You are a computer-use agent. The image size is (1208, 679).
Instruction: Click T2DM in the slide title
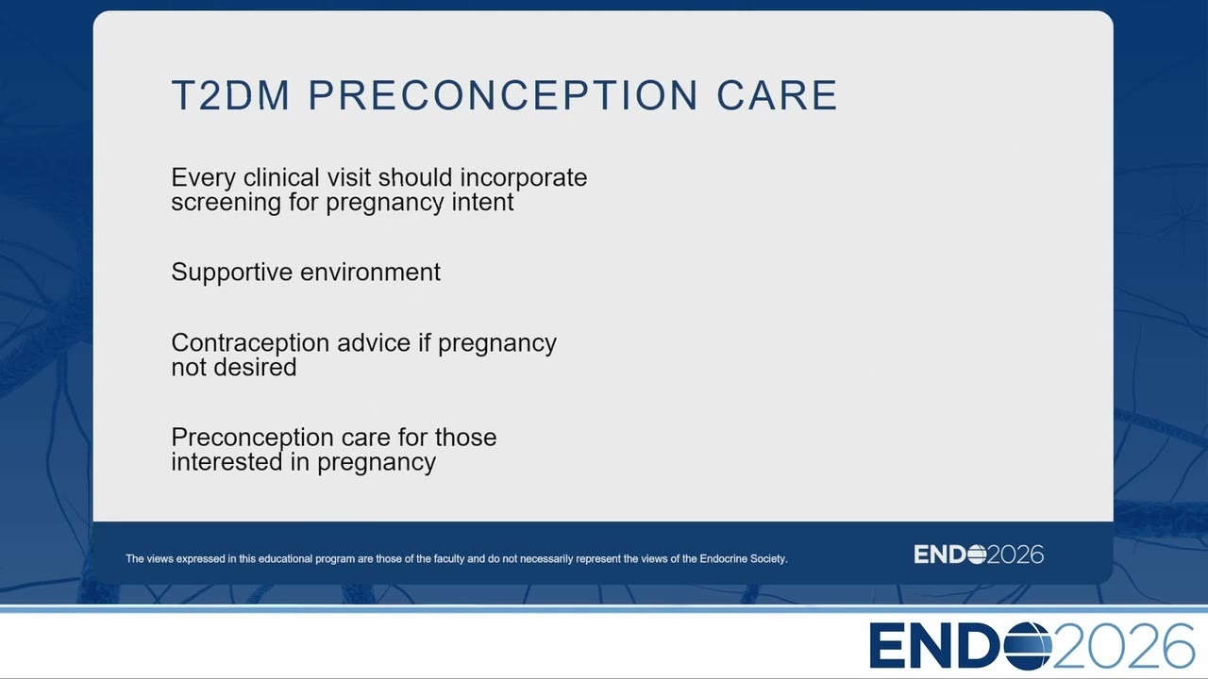[x=231, y=95]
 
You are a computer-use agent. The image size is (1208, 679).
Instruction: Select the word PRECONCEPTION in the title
[x=503, y=95]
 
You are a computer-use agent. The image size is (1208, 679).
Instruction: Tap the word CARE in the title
[x=777, y=95]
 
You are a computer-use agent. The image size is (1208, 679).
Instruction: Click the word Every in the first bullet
[x=203, y=179]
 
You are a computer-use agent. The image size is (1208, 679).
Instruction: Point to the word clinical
[x=281, y=177]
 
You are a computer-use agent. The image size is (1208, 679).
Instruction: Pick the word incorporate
[x=524, y=179]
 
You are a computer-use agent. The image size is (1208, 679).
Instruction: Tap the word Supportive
[x=232, y=273]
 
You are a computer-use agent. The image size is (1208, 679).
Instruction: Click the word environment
[x=371, y=273]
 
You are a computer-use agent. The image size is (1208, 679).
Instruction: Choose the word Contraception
[x=250, y=344]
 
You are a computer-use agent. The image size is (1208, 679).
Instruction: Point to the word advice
[x=374, y=342]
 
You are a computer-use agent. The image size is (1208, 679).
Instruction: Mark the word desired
[x=255, y=368]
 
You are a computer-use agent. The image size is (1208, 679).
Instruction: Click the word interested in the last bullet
[x=227, y=462]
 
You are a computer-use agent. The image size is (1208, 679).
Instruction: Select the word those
[x=466, y=437]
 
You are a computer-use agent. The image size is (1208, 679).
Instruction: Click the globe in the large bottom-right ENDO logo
[x=1028, y=646]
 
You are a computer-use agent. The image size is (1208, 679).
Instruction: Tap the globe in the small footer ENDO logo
[x=977, y=555]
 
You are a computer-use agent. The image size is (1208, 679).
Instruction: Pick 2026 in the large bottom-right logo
[x=1124, y=646]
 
